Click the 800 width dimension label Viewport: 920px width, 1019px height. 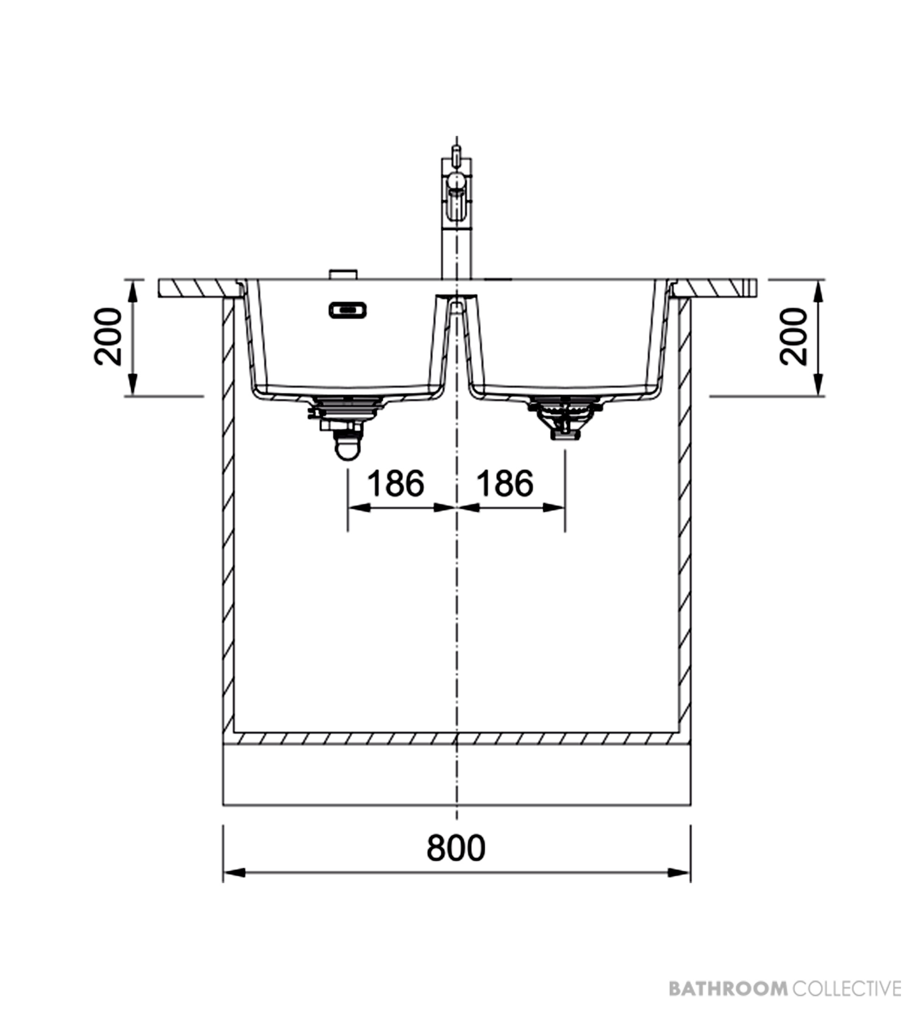coord(456,847)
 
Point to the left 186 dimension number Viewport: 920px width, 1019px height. coord(395,483)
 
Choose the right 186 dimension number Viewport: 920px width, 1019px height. coord(505,483)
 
